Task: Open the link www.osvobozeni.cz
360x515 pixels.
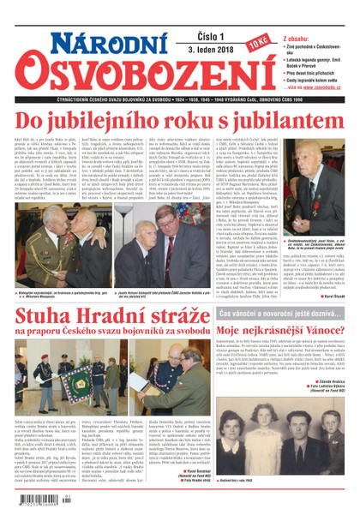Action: [x=322, y=87]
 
